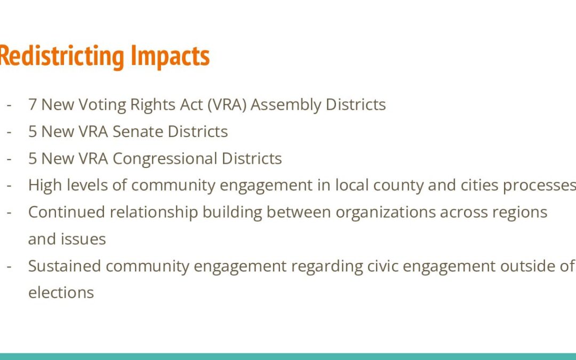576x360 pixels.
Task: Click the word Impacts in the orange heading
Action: (170, 56)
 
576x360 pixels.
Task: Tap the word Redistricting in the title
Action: (62, 56)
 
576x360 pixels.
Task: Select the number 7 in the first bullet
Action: (33, 105)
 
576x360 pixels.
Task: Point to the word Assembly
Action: (286, 105)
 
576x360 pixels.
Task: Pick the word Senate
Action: (138, 132)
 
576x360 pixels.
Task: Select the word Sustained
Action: (65, 266)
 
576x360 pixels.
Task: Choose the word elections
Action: (61, 293)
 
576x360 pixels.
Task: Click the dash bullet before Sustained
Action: (9, 266)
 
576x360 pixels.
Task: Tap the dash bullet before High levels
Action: (9, 186)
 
